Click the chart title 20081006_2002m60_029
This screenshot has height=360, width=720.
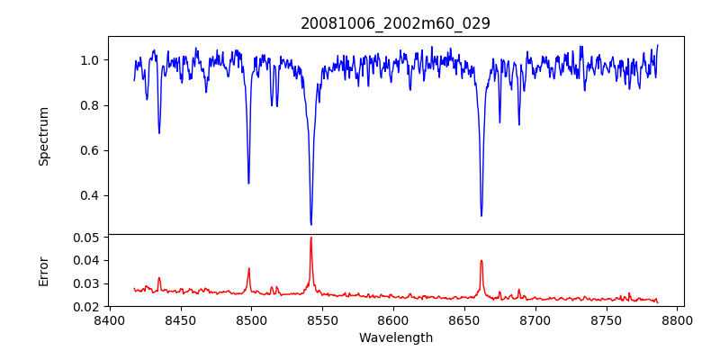pos(395,23)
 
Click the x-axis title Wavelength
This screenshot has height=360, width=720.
pos(395,338)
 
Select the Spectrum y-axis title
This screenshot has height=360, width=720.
pos(44,136)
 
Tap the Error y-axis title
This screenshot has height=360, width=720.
pos(44,271)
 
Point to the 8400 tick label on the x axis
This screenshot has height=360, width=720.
pos(110,319)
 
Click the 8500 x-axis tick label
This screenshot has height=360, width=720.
pos(251,319)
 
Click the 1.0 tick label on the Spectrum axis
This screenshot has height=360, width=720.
pos(90,60)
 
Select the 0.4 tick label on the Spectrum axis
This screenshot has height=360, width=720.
pos(90,195)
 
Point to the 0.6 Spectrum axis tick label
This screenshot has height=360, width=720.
pos(90,150)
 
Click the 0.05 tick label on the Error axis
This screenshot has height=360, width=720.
pos(86,238)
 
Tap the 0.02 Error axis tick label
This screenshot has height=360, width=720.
pos(86,307)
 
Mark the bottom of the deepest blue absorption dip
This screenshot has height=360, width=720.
pos(310,224)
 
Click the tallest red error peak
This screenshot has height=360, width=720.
pos(310,238)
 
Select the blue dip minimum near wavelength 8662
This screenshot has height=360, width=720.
pos(481,215)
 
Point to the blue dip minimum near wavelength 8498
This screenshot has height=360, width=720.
pos(248,184)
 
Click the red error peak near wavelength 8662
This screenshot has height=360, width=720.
pos(481,261)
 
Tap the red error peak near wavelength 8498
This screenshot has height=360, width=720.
pos(249,268)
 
